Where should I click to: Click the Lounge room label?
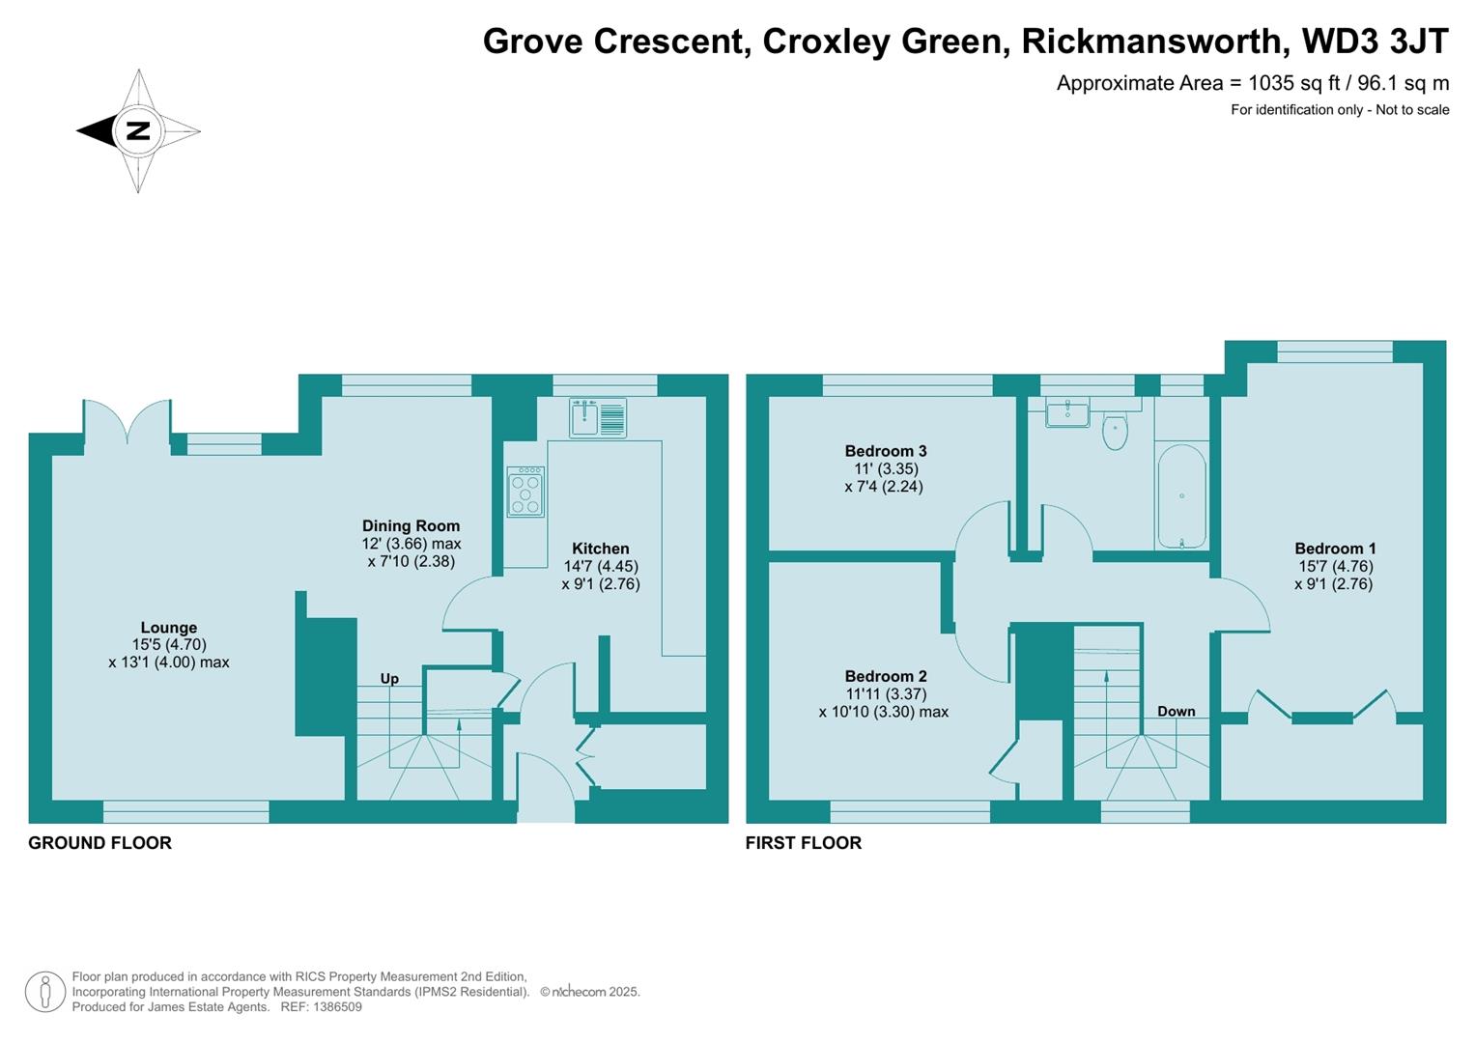(x=168, y=628)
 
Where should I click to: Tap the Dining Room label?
(x=411, y=526)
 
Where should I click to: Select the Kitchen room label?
(x=600, y=549)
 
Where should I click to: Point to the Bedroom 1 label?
(x=1335, y=549)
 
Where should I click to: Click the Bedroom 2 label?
(x=885, y=676)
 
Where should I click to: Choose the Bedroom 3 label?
(x=885, y=451)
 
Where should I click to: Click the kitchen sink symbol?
(x=597, y=417)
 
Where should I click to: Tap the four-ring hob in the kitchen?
(x=525, y=492)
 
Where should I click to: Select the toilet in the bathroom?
(x=1115, y=433)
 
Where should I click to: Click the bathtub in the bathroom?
(x=1180, y=496)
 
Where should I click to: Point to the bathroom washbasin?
(x=1066, y=412)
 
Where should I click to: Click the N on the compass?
(x=137, y=130)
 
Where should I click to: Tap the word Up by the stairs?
(x=389, y=679)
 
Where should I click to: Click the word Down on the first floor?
(x=1176, y=712)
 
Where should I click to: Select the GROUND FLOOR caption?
(x=99, y=843)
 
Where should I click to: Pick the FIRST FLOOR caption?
(x=803, y=843)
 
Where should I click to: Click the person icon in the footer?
(x=44, y=992)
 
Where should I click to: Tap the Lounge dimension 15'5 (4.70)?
(x=169, y=645)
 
